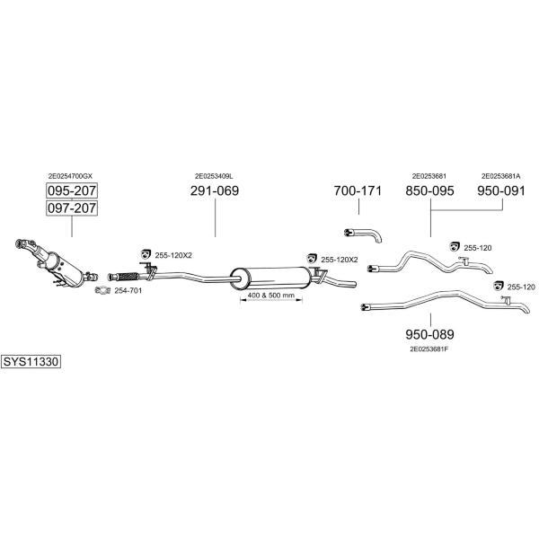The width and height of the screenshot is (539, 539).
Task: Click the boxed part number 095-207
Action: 72,190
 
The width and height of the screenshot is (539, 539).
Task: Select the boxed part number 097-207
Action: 72,208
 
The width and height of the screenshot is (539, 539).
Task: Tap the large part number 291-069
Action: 215,190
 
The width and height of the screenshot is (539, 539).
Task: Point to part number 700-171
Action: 358,190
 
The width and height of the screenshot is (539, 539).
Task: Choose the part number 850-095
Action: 429,190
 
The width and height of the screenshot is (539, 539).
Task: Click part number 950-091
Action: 501,190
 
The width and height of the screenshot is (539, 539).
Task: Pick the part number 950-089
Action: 429,334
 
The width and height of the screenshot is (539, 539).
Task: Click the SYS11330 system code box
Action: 31,362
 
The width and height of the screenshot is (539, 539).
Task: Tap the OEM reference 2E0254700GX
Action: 70,176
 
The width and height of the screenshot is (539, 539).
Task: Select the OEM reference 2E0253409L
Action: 214,176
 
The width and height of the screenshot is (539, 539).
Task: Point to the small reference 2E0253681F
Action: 430,349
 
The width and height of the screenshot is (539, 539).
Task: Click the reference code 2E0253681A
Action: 501,176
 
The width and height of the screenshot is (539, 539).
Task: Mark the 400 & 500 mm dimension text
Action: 271,295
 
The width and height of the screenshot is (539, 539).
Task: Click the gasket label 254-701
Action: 128,291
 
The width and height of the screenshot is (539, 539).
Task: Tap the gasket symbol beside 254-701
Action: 102,290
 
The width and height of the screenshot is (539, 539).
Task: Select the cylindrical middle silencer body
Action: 272,278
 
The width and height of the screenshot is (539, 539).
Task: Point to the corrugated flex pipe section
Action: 128,276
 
